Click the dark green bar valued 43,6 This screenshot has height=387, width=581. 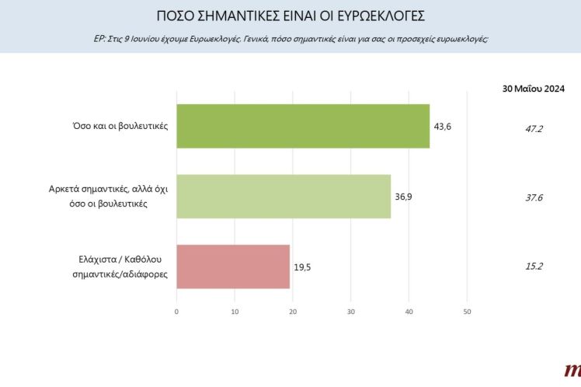(x=303, y=126)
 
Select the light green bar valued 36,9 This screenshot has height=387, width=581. (x=284, y=197)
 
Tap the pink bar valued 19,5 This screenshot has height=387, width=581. (x=233, y=267)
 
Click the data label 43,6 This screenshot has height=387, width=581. (x=444, y=126)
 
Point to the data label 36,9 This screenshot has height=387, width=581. (x=404, y=197)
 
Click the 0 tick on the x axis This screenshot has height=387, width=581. (x=177, y=312)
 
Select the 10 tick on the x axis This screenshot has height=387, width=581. (x=235, y=312)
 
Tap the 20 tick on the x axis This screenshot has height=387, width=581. (x=293, y=312)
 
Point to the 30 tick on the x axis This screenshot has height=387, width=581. (x=351, y=312)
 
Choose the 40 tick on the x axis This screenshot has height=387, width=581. (x=409, y=312)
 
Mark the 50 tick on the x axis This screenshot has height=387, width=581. (x=467, y=312)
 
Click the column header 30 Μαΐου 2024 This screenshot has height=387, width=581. (x=534, y=89)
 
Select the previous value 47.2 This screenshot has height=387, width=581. (x=534, y=128)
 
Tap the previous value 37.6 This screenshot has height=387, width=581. (x=534, y=197)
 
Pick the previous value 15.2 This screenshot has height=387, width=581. (x=534, y=267)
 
